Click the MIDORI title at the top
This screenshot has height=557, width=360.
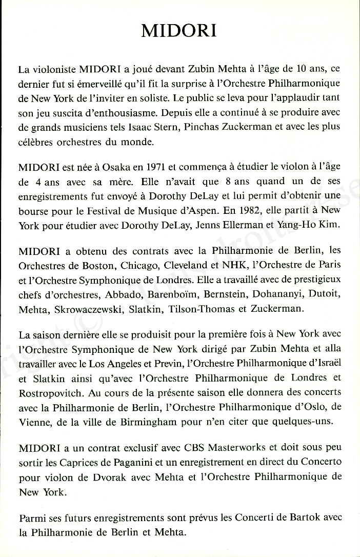179,31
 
